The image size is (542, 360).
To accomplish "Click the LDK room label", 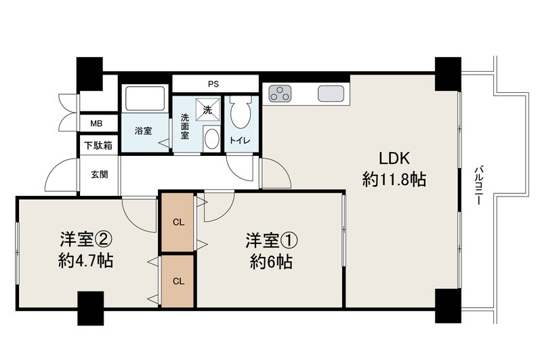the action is (394, 159).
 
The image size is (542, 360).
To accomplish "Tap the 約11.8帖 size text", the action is (394, 180).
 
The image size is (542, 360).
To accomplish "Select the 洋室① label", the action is (272, 241).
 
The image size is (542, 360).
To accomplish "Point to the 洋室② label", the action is (86, 239).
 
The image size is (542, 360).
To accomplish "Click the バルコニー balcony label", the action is (479, 185).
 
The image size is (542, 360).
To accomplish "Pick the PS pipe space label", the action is (213, 84).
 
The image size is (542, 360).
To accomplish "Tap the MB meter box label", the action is (96, 123).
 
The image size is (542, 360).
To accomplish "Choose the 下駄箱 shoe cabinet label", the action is (98, 146).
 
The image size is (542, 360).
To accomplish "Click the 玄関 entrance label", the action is (100, 175).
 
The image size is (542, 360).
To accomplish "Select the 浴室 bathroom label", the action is (143, 131).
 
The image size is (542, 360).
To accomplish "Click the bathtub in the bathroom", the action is (145, 98).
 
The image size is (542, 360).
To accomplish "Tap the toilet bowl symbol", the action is (241, 111).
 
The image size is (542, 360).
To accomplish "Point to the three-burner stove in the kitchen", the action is (280, 94).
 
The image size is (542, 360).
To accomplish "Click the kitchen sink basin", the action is (331, 94).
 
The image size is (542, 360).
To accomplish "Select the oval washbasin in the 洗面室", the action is (212, 139).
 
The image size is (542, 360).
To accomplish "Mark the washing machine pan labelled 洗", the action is (208, 110).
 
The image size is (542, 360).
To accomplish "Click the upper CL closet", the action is (178, 222).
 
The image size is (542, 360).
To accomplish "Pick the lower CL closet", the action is (178, 281).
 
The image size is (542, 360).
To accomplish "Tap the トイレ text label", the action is (240, 141).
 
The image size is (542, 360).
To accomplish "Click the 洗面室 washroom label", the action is (185, 126).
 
